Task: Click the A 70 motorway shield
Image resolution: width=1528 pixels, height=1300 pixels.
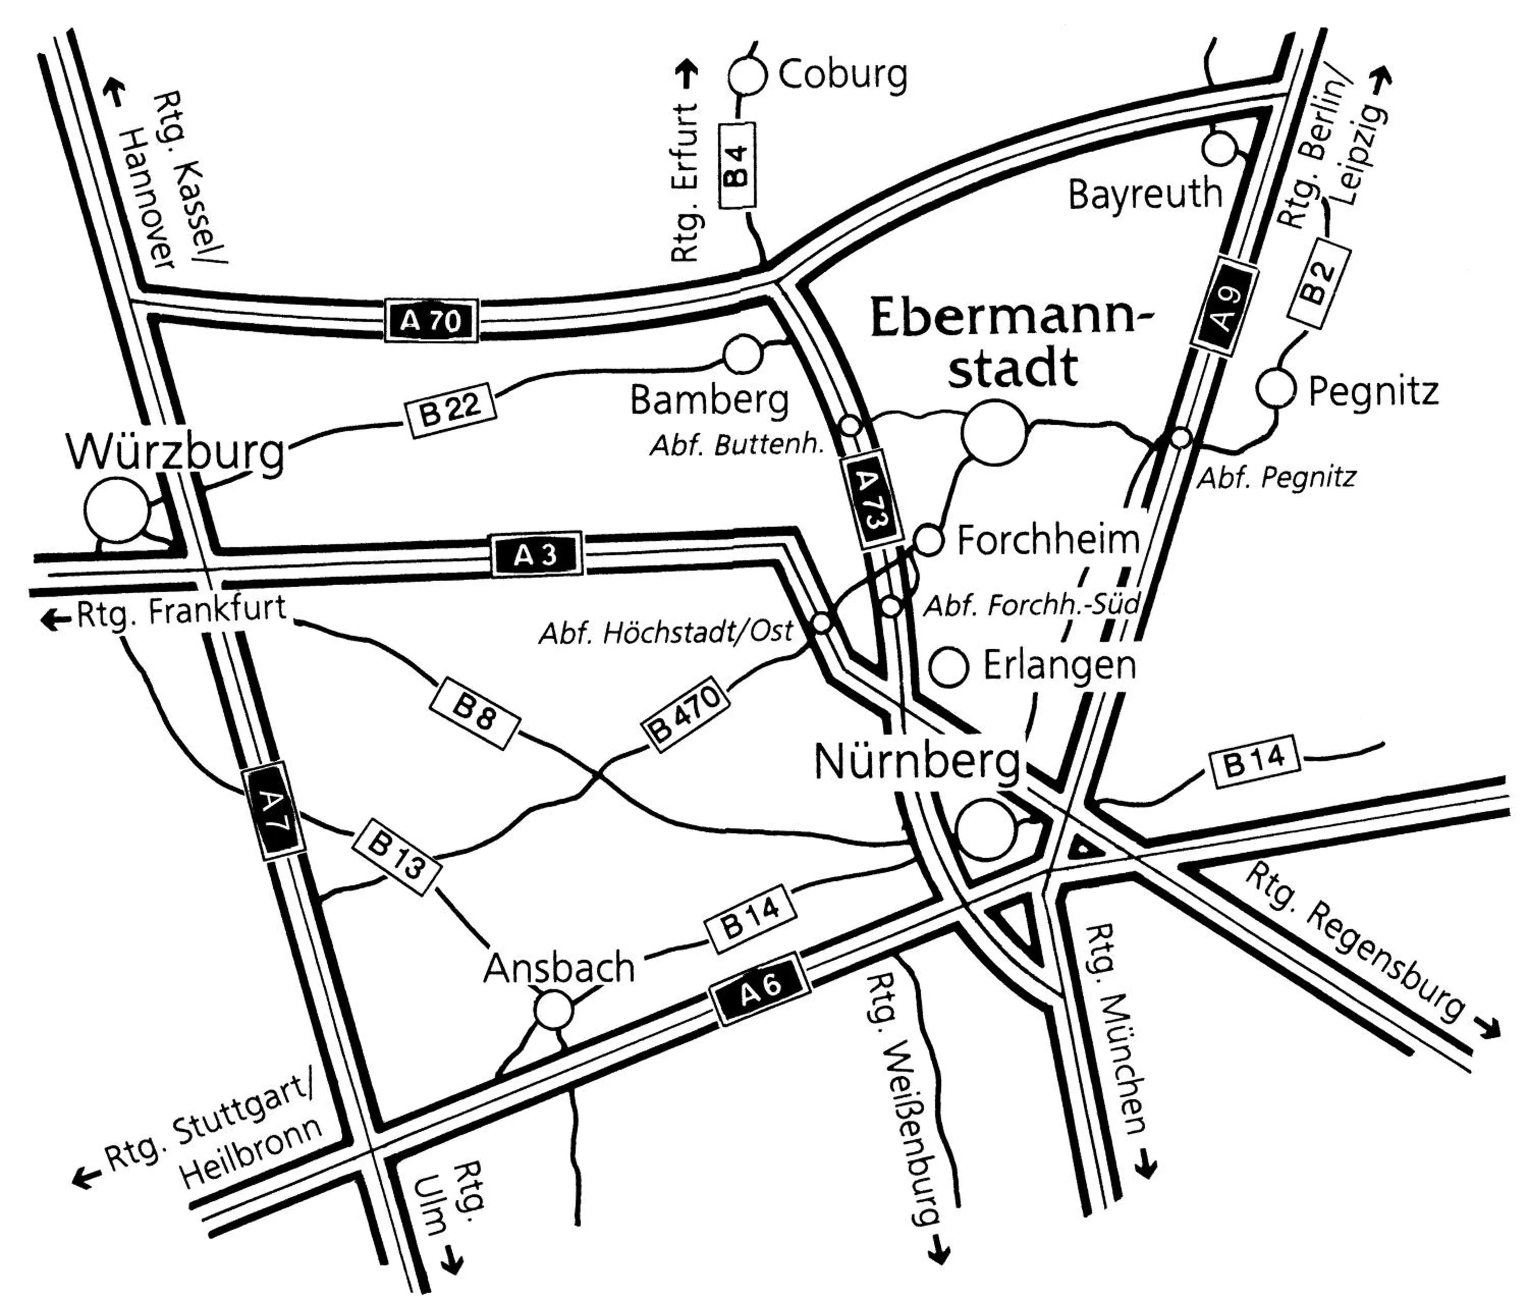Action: (431, 320)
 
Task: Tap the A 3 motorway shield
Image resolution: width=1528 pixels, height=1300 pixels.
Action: (536, 555)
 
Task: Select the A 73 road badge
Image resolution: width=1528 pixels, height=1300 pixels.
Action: (871, 500)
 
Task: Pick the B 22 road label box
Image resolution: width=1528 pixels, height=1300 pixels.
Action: (451, 408)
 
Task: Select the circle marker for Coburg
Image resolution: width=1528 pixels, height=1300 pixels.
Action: (747, 76)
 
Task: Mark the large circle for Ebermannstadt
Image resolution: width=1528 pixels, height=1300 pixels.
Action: (994, 432)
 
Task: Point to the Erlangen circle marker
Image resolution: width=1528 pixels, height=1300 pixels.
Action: (948, 667)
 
